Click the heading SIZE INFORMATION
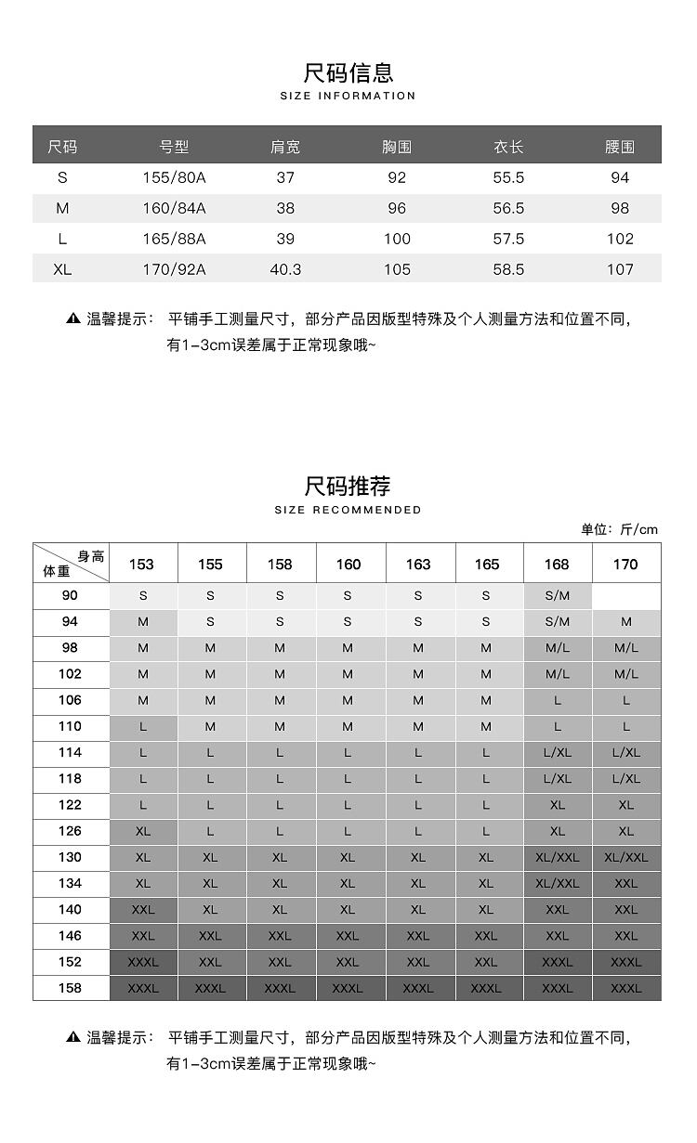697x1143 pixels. [x=348, y=96]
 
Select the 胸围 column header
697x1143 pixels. [x=397, y=147]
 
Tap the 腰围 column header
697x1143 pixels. [x=619, y=147]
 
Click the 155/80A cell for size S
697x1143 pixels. [x=174, y=177]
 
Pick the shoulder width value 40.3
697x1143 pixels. [x=285, y=269]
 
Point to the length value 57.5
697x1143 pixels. [x=508, y=239]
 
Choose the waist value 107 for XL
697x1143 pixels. [x=619, y=269]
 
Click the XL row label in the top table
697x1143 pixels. [x=62, y=269]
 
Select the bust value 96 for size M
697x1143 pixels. [x=397, y=208]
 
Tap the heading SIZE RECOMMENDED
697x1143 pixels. [x=348, y=510]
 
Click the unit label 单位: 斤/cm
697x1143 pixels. [x=619, y=529]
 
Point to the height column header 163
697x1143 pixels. [x=418, y=564]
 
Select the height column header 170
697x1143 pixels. [x=626, y=564]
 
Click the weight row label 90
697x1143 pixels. [x=71, y=595]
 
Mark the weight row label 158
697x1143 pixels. [x=71, y=988]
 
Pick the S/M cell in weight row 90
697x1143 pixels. [x=558, y=595]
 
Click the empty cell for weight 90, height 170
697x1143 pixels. [x=626, y=595]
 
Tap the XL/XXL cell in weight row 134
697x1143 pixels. [x=558, y=883]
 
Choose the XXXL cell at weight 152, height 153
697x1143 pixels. [x=143, y=962]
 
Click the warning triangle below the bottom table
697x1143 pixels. [x=73, y=1036]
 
